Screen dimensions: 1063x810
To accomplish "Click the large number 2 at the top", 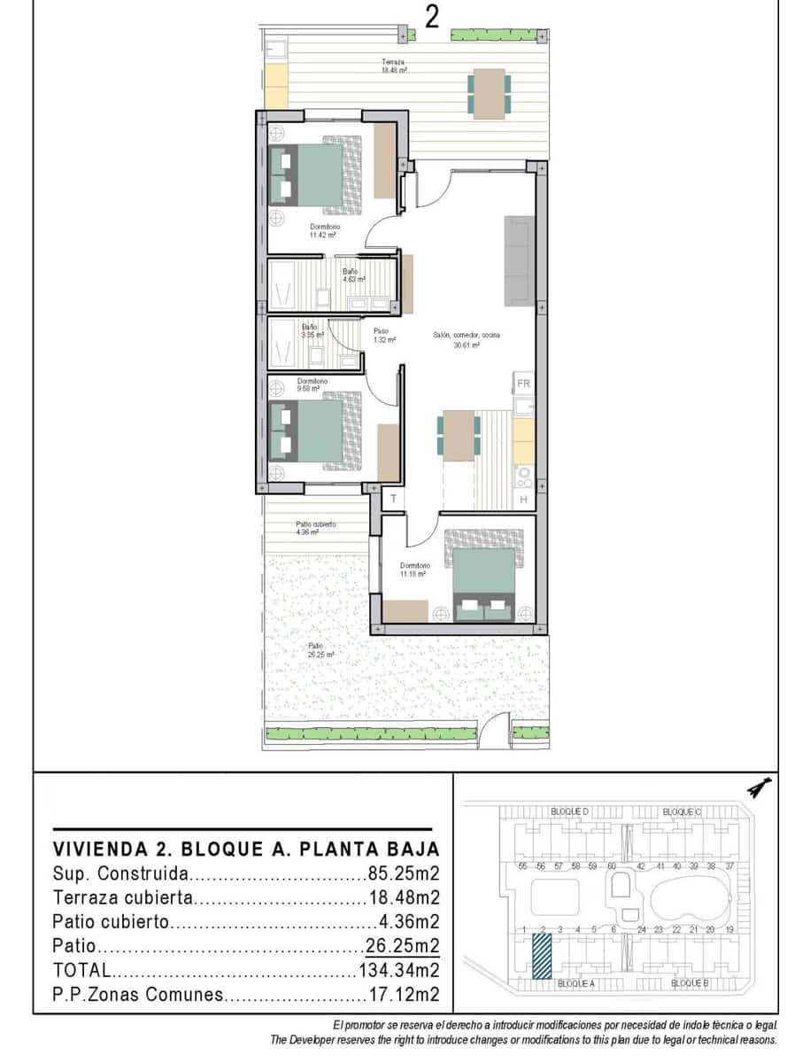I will pyautogui.click(x=432, y=18).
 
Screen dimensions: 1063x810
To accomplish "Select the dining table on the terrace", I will pyautogui.click(x=490, y=93).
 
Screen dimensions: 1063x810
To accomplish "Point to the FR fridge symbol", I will pyautogui.click(x=523, y=384).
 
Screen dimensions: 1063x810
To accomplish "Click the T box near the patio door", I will pyautogui.click(x=393, y=500).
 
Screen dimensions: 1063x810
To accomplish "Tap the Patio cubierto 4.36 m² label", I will pyautogui.click(x=315, y=528).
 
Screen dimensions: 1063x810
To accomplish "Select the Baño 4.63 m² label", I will pyautogui.click(x=354, y=275).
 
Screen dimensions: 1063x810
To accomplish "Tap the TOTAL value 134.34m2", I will pyautogui.click(x=398, y=970).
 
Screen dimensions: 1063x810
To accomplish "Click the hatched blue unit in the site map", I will pyautogui.click(x=540, y=956).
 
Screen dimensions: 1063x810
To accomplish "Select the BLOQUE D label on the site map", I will pyautogui.click(x=569, y=811).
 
